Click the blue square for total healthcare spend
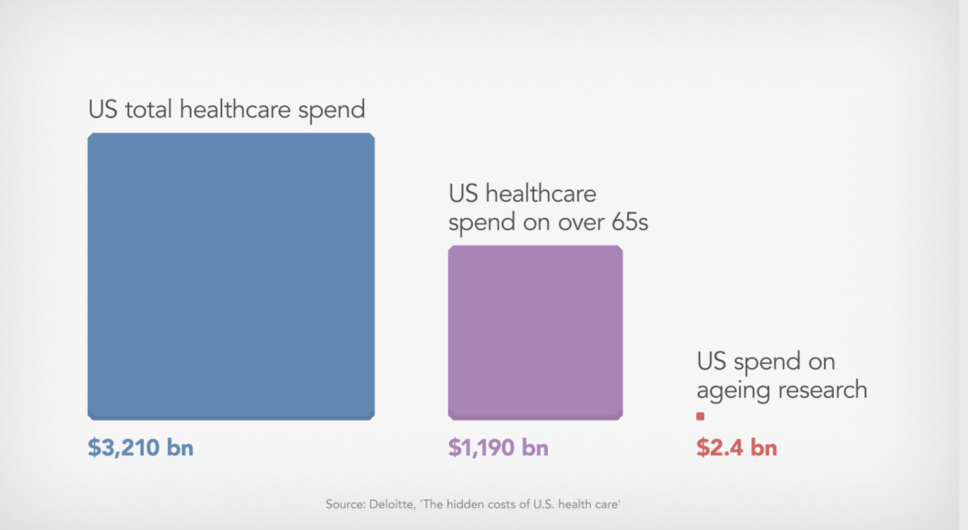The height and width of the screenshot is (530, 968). (231, 276)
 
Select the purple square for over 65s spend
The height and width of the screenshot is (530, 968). (535, 332)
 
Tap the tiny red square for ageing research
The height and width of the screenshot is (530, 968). (700, 417)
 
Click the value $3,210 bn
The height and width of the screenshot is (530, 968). (141, 448)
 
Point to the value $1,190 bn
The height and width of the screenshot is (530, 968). (498, 448)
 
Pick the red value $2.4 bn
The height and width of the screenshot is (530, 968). (736, 448)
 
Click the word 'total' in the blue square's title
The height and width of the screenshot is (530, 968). (148, 109)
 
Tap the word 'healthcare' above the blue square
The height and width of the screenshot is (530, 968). (235, 109)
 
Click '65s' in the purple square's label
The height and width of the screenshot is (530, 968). (629, 222)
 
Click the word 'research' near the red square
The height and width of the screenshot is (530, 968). (822, 390)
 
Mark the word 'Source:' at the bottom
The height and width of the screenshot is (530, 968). (345, 504)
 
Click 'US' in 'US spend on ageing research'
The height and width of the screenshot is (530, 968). (711, 361)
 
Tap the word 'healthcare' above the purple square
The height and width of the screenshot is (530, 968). (540, 194)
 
